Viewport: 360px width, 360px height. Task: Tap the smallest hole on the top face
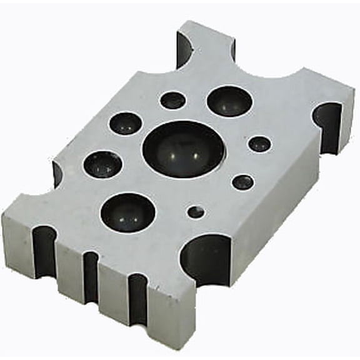(196, 212)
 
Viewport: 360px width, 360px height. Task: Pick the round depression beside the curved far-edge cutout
(229, 101)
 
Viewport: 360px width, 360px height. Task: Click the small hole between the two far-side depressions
(172, 100)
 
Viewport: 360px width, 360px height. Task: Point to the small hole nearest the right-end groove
(259, 144)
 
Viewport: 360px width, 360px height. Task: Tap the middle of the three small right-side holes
(242, 182)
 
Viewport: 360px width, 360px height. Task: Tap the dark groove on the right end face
(329, 125)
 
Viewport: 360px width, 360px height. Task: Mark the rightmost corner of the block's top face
(354, 91)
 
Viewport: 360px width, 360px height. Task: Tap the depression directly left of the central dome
(102, 164)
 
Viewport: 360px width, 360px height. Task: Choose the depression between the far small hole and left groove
(126, 123)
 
